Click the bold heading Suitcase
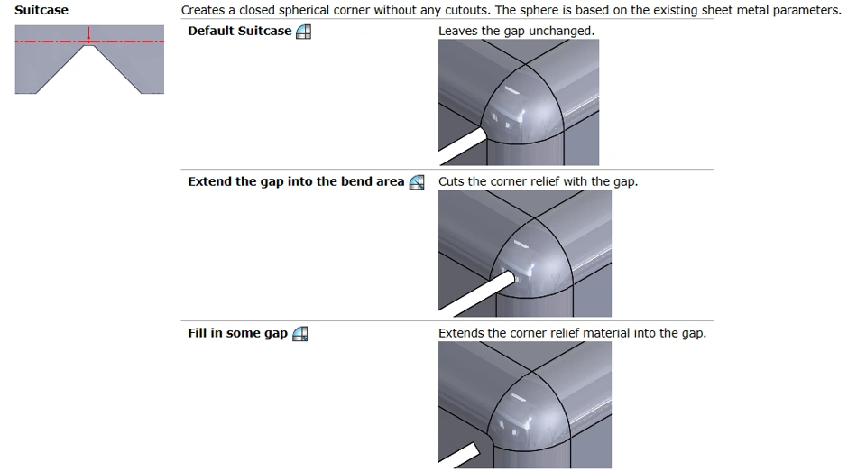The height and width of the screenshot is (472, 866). tap(41, 10)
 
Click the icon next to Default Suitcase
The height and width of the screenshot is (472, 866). tap(303, 32)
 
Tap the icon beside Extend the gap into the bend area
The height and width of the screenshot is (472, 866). tap(417, 182)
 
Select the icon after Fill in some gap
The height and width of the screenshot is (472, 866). tap(299, 333)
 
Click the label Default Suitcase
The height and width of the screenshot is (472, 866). tap(240, 31)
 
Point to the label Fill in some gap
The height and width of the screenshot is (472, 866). tap(237, 333)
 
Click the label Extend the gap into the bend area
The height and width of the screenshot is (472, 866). tap(296, 181)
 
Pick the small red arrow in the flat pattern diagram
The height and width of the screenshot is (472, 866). tap(88, 35)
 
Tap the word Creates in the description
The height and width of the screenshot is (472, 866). tap(201, 10)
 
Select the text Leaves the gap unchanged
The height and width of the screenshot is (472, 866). tap(516, 31)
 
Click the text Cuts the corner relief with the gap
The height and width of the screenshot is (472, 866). tap(538, 181)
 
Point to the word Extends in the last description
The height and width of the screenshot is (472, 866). tap(458, 333)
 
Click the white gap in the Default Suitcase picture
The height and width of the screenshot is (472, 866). tap(463, 146)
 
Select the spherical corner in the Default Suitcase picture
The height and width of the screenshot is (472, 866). tap(522, 105)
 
